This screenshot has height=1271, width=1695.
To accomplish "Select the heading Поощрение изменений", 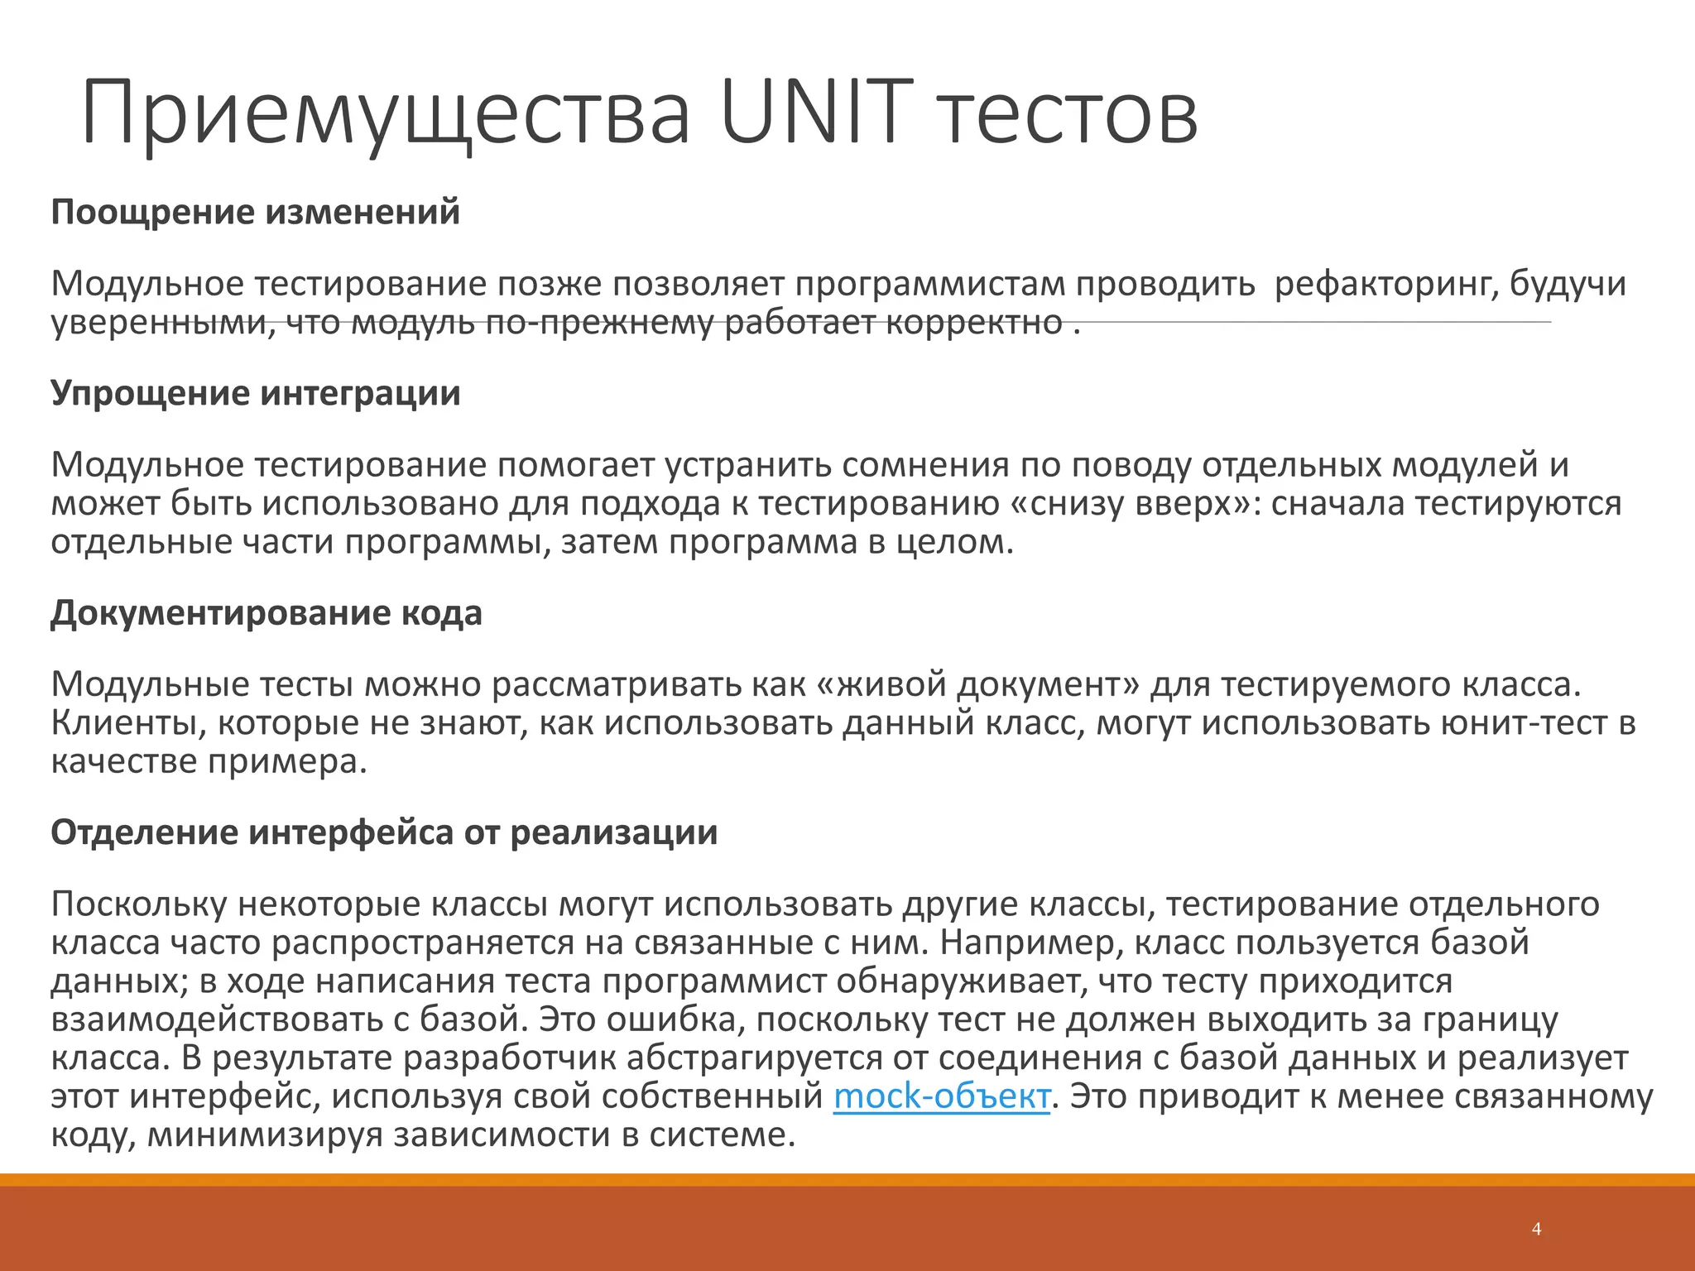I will coord(255,212).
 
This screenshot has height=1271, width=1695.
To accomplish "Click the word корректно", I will coord(974,323).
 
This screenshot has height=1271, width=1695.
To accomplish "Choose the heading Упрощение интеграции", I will coord(255,392).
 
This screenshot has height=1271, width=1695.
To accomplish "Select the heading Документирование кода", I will coord(266,612).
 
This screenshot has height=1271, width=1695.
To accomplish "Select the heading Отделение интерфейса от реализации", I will coord(384,832).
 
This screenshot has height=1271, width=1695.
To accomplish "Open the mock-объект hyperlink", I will coord(941,1096).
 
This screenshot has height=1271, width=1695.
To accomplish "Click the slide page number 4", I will coord(1536,1229).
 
